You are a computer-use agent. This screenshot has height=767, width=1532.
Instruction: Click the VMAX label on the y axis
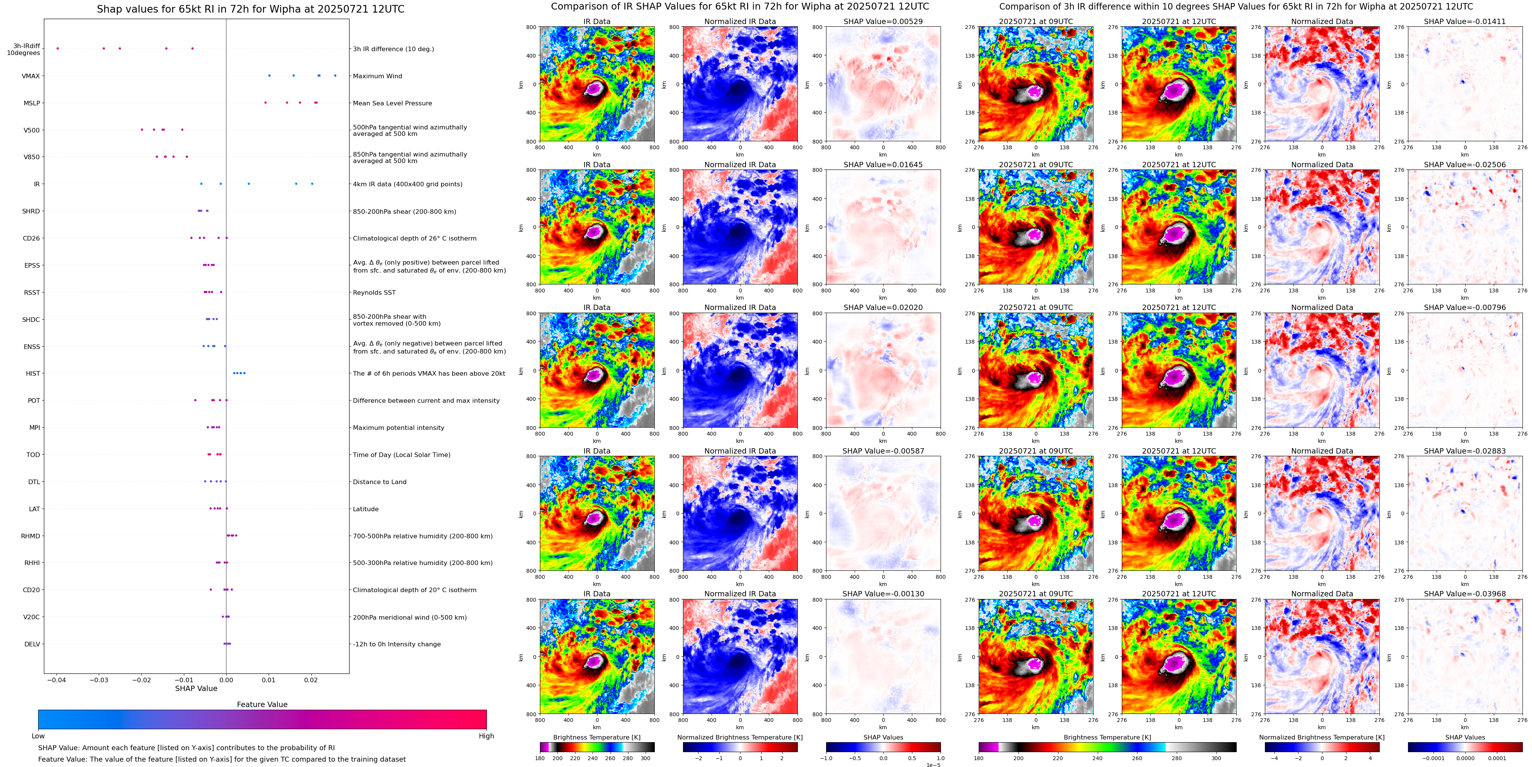(31, 76)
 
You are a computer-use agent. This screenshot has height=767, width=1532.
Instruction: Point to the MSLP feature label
(32, 103)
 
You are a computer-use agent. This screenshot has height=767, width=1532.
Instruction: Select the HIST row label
(33, 374)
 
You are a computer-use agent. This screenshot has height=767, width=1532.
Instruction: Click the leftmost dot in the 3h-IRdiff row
(58, 48)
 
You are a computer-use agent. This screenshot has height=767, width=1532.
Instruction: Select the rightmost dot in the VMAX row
(335, 76)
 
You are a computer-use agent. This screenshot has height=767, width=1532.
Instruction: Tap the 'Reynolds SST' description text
(374, 293)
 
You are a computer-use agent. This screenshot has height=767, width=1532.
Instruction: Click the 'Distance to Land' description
(379, 482)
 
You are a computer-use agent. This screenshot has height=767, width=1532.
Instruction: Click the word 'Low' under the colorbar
(38, 736)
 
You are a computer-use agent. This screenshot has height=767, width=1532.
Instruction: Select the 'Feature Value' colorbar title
(262, 704)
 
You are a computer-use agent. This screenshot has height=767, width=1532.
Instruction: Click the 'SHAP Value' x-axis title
(196, 688)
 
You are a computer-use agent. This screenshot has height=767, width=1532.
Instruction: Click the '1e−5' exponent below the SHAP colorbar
(933, 765)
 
